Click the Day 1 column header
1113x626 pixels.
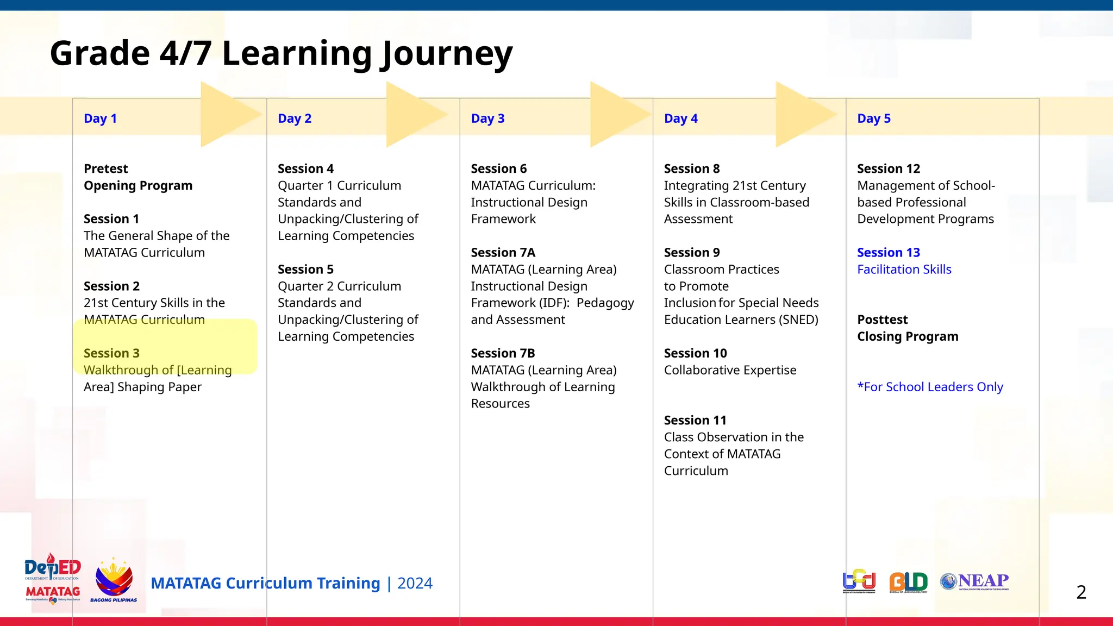[100, 118]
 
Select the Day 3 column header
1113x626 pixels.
[487, 118]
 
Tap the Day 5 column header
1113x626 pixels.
[873, 118]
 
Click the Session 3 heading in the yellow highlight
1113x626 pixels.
[111, 353]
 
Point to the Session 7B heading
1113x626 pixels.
[503, 353]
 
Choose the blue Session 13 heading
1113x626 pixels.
[888, 253]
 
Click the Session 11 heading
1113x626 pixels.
[695, 420]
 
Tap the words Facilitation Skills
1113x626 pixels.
[904, 270]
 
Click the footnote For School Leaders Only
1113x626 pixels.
[930, 387]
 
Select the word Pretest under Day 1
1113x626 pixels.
[105, 168]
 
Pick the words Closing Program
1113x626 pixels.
[908, 336]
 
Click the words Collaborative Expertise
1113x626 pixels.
[730, 370]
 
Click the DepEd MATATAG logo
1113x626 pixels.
[53, 579]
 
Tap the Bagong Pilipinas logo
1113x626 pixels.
[114, 580]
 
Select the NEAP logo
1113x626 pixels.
[974, 581]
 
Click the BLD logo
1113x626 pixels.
[908, 582]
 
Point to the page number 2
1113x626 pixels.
[1081, 592]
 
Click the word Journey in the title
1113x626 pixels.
[446, 54]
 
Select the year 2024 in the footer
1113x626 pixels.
[415, 583]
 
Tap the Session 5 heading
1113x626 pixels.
[305, 270]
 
